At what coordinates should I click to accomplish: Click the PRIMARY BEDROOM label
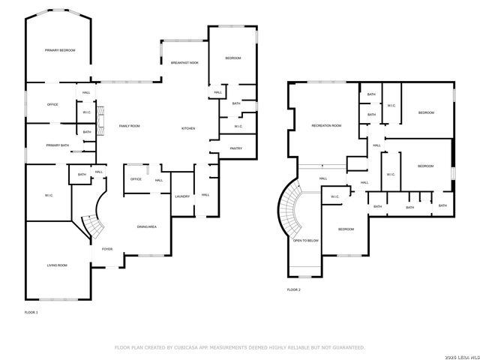[60, 50]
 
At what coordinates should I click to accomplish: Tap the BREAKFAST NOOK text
[184, 63]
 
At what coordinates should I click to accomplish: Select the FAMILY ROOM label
[130, 126]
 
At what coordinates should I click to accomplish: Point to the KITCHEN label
[188, 129]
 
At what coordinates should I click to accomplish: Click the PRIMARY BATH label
[57, 145]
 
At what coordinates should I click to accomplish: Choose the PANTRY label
[235, 148]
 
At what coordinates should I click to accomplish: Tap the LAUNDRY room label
[182, 196]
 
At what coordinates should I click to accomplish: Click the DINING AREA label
[146, 226]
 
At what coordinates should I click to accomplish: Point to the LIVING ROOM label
[57, 265]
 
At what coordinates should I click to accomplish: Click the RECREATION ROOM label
[326, 125]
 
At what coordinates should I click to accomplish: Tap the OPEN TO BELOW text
[306, 241]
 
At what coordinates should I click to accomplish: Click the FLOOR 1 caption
[31, 311]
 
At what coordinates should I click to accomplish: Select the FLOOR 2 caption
[294, 289]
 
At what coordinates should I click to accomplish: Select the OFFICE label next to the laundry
[136, 179]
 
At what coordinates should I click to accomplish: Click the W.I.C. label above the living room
[49, 196]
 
